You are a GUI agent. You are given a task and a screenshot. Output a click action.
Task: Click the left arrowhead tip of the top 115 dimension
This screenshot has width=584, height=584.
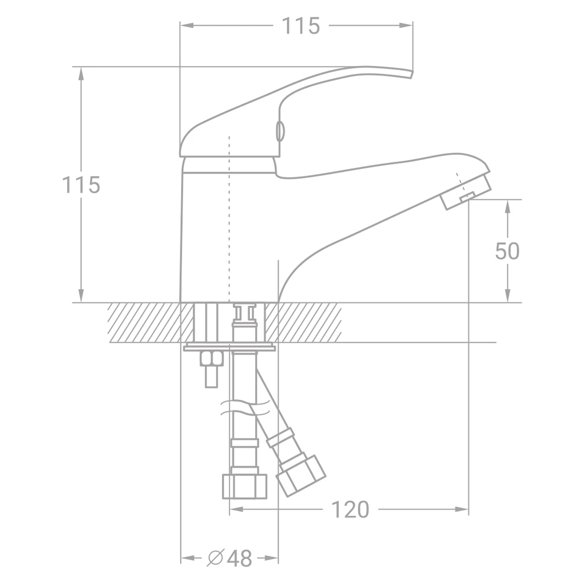pos(180,25)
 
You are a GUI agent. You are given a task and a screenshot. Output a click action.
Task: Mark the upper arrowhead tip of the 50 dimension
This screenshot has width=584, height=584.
pos(507,200)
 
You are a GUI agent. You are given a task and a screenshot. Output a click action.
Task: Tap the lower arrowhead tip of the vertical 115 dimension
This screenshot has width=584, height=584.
pos(81,302)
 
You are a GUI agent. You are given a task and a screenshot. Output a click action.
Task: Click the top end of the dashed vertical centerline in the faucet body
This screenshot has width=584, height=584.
pos(229,136)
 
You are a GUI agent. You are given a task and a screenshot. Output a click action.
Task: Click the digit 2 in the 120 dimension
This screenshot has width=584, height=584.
pos(350,509)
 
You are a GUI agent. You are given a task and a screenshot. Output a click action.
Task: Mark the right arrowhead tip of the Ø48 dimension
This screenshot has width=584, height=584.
pos(278,558)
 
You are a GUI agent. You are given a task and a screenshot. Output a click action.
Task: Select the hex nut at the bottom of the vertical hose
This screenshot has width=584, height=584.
pos(245,486)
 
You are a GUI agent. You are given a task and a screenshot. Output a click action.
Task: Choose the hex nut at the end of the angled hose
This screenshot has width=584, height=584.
pos(301,475)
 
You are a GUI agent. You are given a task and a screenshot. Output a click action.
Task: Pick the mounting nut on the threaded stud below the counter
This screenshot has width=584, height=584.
pos(211,359)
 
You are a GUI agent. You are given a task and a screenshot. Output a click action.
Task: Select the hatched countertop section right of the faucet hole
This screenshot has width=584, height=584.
pos(309,322)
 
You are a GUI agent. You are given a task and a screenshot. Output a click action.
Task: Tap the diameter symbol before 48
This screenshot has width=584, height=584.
pos(215,558)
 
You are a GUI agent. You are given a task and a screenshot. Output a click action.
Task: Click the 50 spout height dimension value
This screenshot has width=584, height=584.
pos(507,251)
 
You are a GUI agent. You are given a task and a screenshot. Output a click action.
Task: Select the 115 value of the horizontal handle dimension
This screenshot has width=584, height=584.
pos(301,26)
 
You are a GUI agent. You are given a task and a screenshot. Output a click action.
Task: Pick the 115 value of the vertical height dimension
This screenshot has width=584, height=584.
pos(81,185)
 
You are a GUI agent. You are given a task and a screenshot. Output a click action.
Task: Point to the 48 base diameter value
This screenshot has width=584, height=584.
pos(239,558)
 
